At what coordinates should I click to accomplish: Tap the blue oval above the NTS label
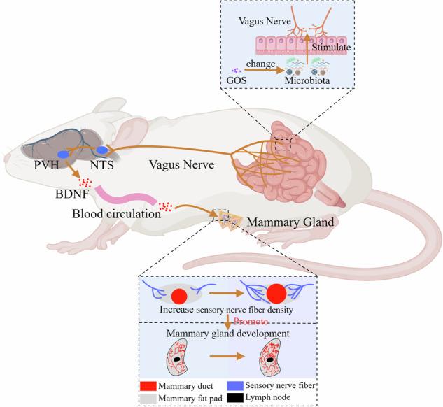point(101,150)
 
